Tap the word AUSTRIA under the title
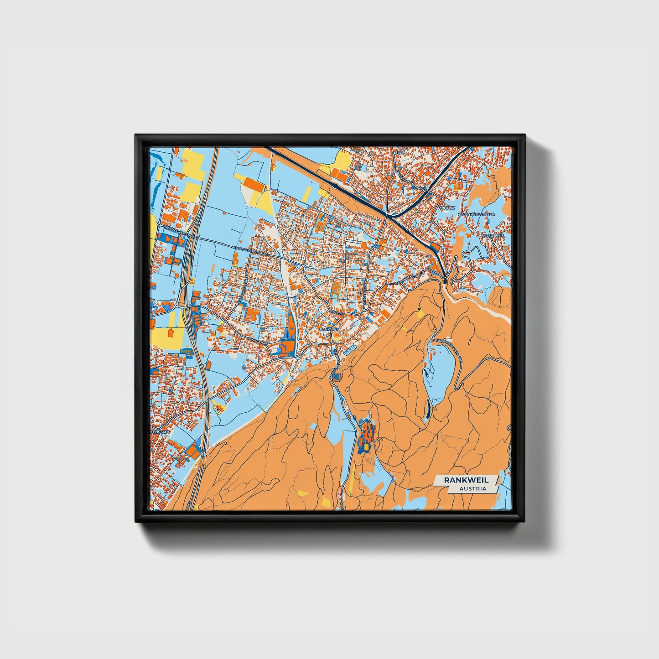click(x=472, y=488)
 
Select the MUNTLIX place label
click(x=446, y=208)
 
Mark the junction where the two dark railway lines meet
click(x=392, y=215)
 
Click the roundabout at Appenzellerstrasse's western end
click(x=158, y=225)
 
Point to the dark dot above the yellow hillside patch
click(x=419, y=309)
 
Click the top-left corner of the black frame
click(x=136, y=135)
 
